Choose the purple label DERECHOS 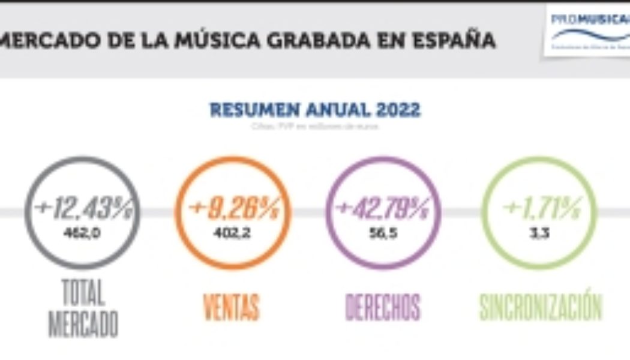click(x=383, y=307)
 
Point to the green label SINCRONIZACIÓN click(x=540, y=307)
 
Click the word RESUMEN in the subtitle click(x=248, y=110)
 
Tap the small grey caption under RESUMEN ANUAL click(x=315, y=126)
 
